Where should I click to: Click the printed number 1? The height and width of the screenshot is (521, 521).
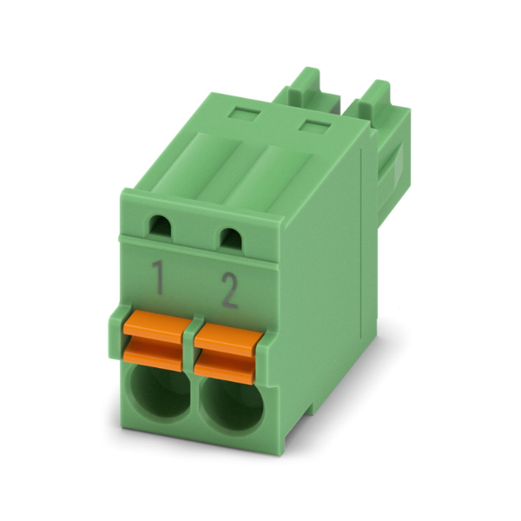pyautogui.click(x=159, y=278)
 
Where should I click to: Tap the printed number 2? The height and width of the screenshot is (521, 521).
pyautogui.click(x=230, y=291)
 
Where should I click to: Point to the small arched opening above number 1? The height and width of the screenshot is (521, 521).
pyautogui.click(x=162, y=227)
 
